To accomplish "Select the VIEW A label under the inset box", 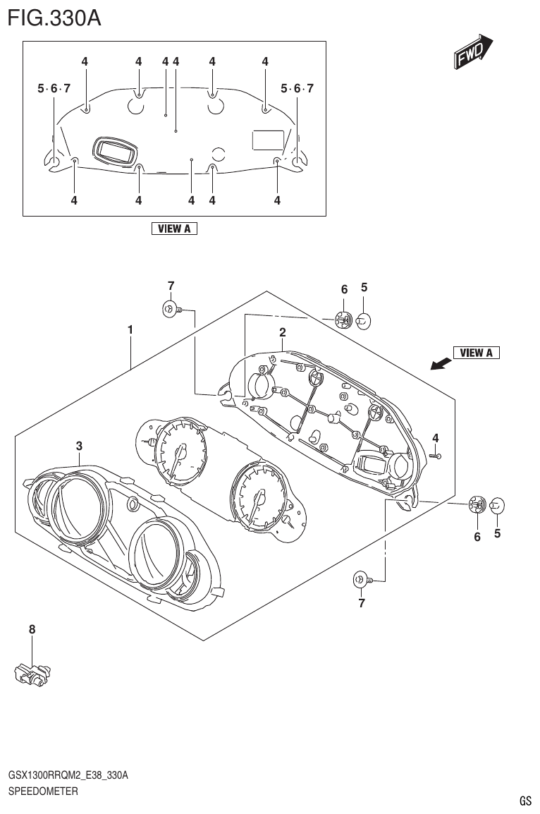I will [x=174, y=229].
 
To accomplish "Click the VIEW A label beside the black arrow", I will [x=476, y=353].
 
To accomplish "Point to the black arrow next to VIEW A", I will [x=441, y=363].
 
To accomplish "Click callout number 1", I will [x=130, y=329].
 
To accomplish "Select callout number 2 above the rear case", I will [x=282, y=332].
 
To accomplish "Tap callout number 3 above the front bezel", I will [x=80, y=445].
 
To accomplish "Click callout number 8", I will [x=32, y=628].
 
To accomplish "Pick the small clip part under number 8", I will [x=32, y=674].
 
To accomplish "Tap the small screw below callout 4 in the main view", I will [x=435, y=456].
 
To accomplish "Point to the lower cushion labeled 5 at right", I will [x=497, y=505].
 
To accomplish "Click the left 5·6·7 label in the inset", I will [x=54, y=88].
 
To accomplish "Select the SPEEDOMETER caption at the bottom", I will [x=42, y=791].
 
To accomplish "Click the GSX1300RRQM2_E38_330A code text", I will [x=68, y=776].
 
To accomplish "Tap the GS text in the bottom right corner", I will [x=525, y=801].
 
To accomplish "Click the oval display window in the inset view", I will [x=115, y=150].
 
